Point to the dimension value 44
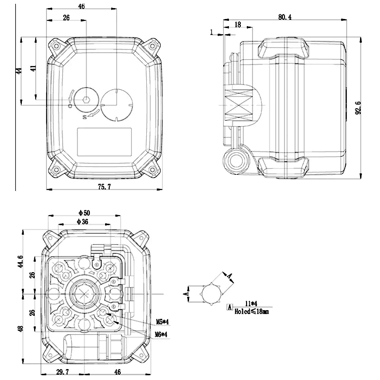(19, 70)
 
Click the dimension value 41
(33, 68)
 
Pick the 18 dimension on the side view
(237, 24)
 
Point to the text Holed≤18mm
(251, 312)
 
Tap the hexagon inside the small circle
(85, 100)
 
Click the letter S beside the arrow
(85, 116)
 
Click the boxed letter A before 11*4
(229, 307)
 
